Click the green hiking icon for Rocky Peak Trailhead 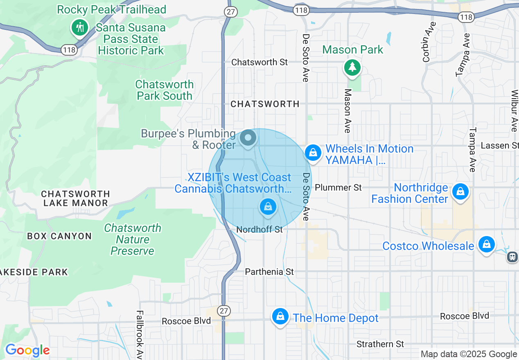[79, 27]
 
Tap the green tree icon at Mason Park [352, 67]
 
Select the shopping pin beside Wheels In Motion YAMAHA [313, 153]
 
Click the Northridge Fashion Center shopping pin [460, 191]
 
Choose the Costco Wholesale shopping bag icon [486, 244]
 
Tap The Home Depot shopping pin [280, 316]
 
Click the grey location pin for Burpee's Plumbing [248, 138]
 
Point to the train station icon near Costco [512, 257]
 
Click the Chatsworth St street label [259, 62]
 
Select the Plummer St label [338, 187]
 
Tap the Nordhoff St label [259, 229]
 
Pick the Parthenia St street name [269, 272]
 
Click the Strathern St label [380, 344]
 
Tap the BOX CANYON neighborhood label [59, 236]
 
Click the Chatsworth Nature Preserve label [133, 239]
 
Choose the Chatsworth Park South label [165, 90]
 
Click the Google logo [27, 350]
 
